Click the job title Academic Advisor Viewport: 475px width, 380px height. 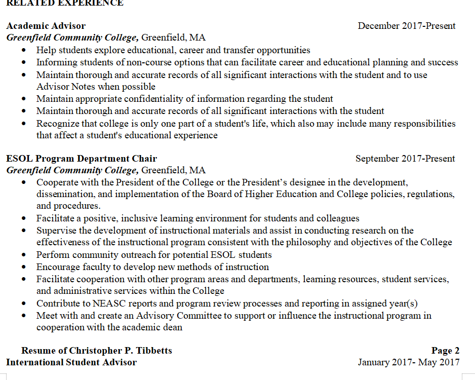coord(46,26)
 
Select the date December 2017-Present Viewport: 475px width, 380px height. coord(407,26)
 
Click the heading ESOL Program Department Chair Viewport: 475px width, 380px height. coord(82,159)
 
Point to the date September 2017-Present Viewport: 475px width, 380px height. coord(405,159)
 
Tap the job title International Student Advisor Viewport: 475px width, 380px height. coord(71,362)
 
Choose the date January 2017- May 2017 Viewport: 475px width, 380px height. coord(409,362)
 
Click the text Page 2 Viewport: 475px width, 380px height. coord(445,351)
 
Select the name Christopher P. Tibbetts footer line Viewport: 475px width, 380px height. coord(96,351)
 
